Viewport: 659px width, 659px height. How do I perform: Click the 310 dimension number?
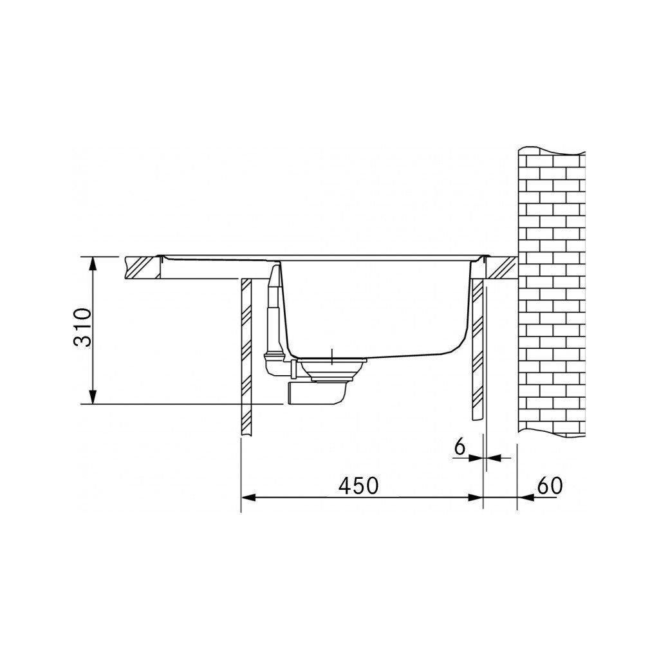point(82,328)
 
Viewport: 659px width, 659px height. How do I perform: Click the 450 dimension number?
point(358,487)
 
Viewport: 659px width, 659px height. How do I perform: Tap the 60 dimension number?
point(550,487)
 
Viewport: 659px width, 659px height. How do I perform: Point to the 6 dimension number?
point(460,447)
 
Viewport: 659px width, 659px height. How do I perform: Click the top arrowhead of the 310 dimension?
point(93,263)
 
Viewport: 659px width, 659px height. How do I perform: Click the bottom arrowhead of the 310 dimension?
point(93,397)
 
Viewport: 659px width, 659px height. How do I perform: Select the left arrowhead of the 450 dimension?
point(248,497)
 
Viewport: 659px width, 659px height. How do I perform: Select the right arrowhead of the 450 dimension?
point(476,497)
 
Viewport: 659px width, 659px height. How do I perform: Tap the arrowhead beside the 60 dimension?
point(524,497)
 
